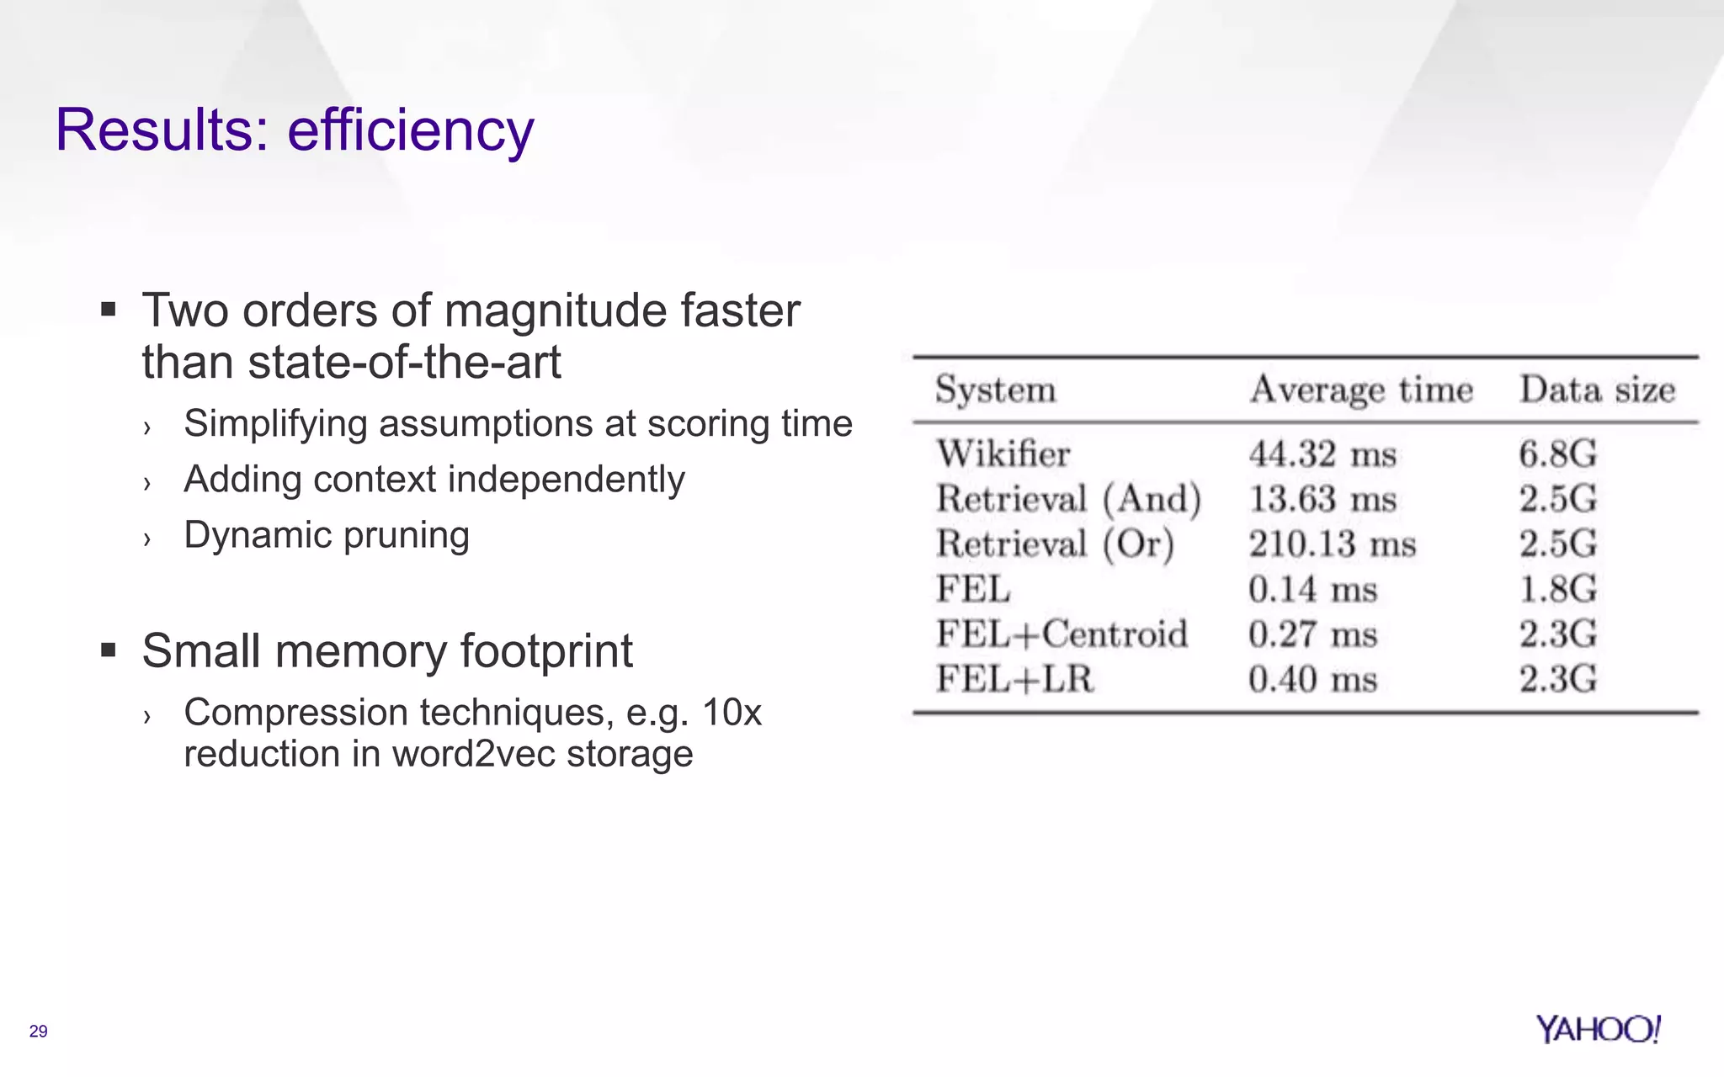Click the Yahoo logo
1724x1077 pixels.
pyautogui.click(x=1598, y=1029)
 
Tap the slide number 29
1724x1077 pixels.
pyautogui.click(x=39, y=1032)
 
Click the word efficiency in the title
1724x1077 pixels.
pyautogui.click(x=411, y=130)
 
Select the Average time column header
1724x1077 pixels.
pyautogui.click(x=1361, y=390)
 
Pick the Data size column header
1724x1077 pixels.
pyautogui.click(x=1597, y=390)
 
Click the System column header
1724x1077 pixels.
pyautogui.click(x=995, y=390)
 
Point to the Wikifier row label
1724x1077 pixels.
pyautogui.click(x=1003, y=454)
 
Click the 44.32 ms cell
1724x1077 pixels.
pyautogui.click(x=1322, y=454)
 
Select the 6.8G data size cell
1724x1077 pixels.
pyautogui.click(x=1557, y=454)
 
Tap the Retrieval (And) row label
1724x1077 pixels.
pyautogui.click(x=1068, y=499)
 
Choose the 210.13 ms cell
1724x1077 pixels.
pyautogui.click(x=1332, y=544)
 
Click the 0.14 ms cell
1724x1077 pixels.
pyautogui.click(x=1312, y=589)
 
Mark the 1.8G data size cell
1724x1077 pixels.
pyautogui.click(x=1557, y=589)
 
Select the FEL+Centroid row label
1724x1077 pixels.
pyautogui.click(x=1062, y=634)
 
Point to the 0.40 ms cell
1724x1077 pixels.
pyautogui.click(x=1312, y=679)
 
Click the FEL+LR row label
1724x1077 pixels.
pyautogui.click(x=1014, y=679)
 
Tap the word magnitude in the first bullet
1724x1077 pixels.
pyautogui.click(x=555, y=311)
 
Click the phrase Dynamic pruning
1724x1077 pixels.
pyautogui.click(x=327, y=535)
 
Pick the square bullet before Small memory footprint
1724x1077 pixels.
pyautogui.click(x=108, y=650)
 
